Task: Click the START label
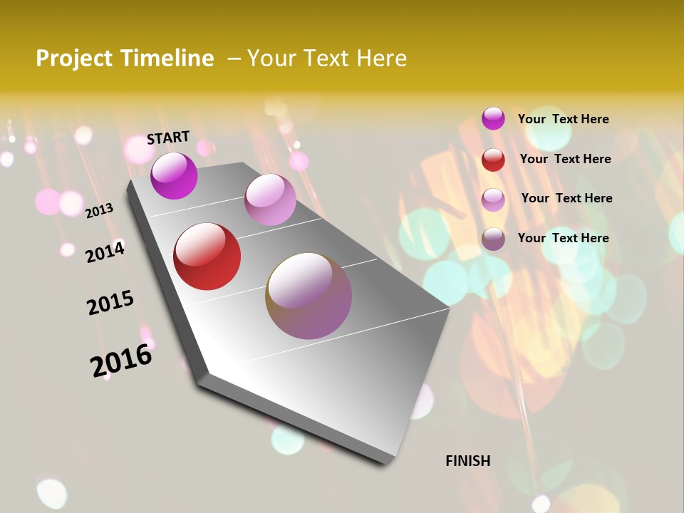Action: (x=168, y=138)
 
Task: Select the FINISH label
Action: (x=468, y=461)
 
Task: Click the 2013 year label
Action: (x=99, y=210)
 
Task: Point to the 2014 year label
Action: (x=105, y=252)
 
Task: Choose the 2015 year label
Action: (x=110, y=303)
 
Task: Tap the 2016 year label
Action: (x=121, y=360)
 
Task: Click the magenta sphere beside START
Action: (x=174, y=175)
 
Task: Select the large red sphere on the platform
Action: (x=207, y=256)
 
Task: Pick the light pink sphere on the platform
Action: (x=270, y=199)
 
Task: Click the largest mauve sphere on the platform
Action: (x=309, y=296)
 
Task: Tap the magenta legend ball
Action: (x=493, y=118)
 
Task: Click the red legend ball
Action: (x=493, y=160)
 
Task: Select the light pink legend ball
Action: (x=493, y=199)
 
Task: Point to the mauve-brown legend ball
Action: (x=493, y=239)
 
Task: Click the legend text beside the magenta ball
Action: (x=563, y=119)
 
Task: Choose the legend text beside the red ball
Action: (x=565, y=159)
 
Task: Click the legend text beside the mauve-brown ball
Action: (x=563, y=238)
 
